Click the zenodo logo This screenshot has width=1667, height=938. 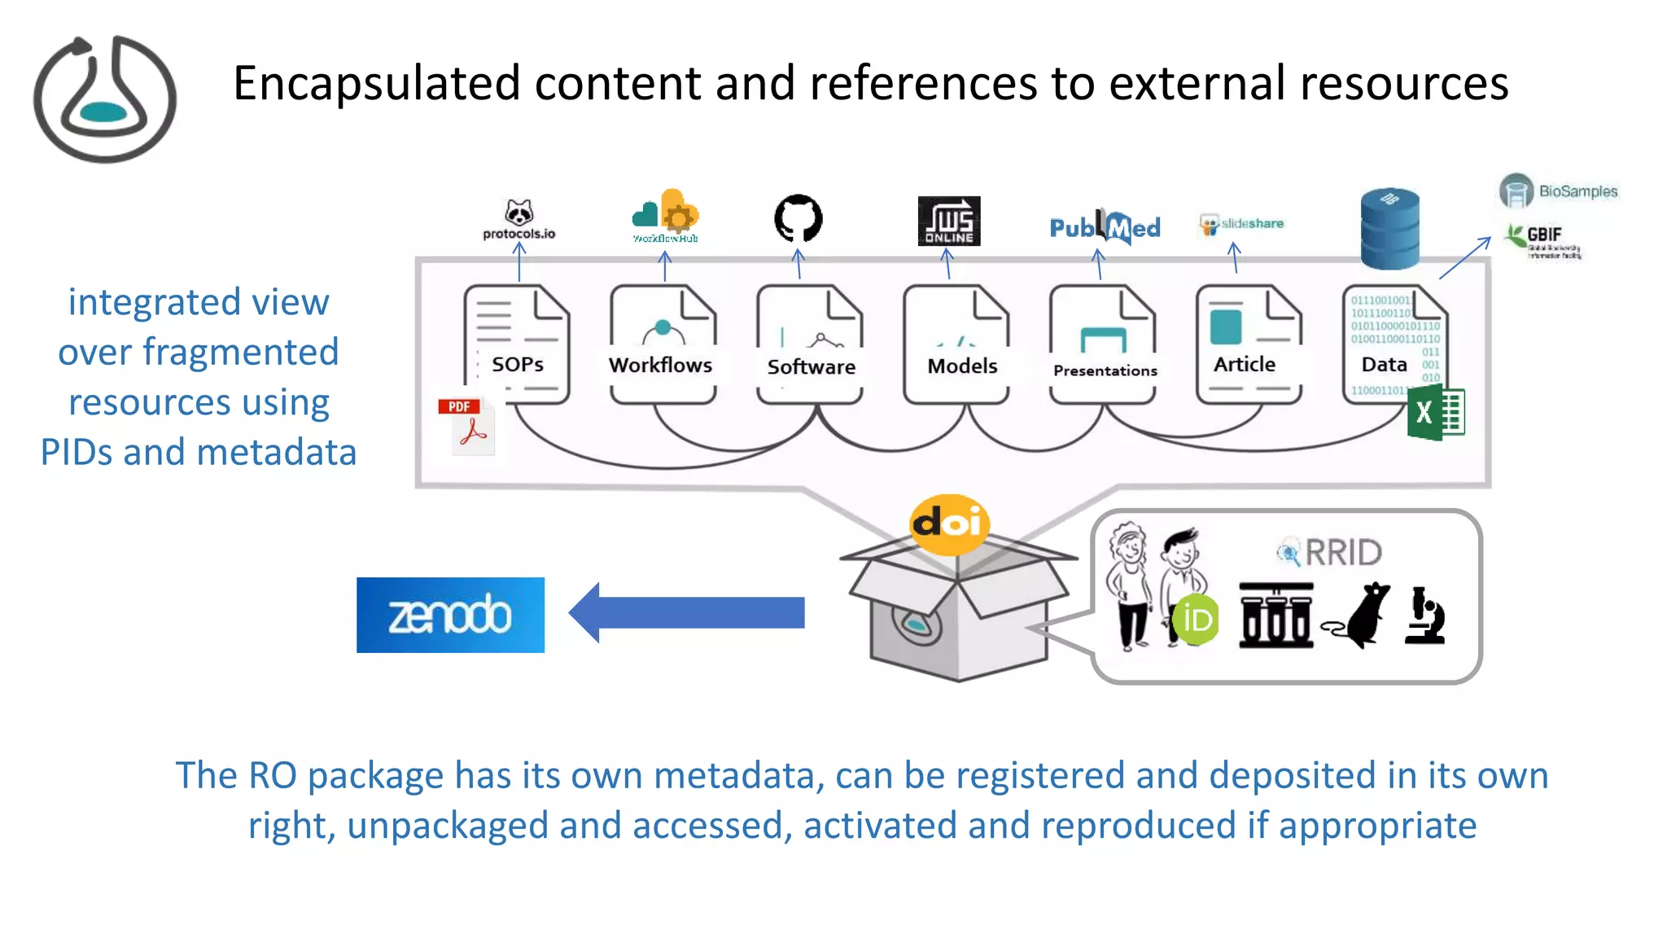click(450, 615)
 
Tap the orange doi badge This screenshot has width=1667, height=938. click(949, 524)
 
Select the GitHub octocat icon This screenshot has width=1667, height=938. click(798, 218)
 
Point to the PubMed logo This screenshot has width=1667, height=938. click(1105, 227)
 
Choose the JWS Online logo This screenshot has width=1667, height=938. click(948, 221)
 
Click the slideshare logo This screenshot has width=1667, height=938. click(1242, 224)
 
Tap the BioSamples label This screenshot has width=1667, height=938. click(1577, 191)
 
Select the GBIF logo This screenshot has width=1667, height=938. click(1543, 240)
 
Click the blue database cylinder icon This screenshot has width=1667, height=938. click(1389, 229)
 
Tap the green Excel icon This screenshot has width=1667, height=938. click(1436, 413)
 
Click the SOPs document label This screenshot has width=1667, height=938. click(518, 364)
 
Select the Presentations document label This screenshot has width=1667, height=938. click(1105, 370)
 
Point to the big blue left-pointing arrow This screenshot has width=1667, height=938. click(687, 612)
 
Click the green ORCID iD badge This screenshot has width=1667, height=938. click(1196, 620)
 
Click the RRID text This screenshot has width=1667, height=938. click(1343, 553)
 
